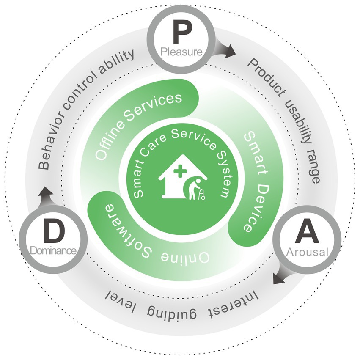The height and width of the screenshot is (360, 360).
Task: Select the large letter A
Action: [307, 232]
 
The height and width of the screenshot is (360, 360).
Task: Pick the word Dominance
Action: [53, 251]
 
